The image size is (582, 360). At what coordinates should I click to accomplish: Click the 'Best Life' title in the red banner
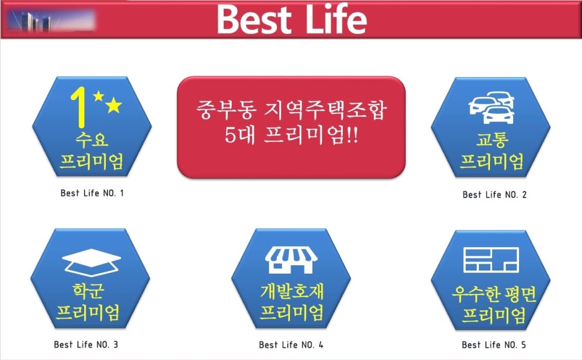tap(292, 19)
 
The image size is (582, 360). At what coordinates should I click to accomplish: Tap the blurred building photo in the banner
tap(51, 21)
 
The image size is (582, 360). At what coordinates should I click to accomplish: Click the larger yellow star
tap(114, 105)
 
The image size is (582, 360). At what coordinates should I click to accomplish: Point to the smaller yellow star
tap(98, 96)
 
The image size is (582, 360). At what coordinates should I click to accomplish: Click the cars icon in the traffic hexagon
tap(492, 107)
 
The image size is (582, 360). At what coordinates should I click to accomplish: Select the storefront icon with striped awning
tap(291, 260)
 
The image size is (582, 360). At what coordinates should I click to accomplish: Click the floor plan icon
tap(491, 260)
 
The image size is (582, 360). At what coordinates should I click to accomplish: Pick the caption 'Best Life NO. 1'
tap(92, 193)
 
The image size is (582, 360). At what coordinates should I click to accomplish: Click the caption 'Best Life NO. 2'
tap(494, 195)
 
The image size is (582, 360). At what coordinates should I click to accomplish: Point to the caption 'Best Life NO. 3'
tap(86, 345)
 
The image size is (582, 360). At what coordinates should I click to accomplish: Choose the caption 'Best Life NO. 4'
tap(291, 345)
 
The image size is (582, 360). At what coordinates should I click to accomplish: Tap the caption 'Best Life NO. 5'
tap(494, 345)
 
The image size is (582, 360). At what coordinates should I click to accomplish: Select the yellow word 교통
tap(492, 140)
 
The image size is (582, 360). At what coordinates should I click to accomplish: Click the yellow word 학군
tap(88, 291)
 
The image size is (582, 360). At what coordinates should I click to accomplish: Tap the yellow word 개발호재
tap(292, 291)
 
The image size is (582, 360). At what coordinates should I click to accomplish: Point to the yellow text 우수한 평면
tap(494, 294)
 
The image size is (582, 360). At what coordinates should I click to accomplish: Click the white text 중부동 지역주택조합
tap(292, 110)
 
